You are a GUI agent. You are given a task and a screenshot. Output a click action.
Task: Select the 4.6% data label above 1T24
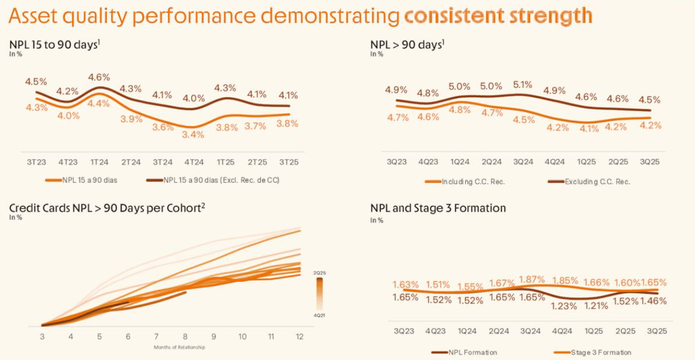coord(99,77)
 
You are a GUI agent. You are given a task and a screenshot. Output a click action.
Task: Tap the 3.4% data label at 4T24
coord(193,134)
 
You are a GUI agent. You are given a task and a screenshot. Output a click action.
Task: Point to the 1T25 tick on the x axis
coord(225,162)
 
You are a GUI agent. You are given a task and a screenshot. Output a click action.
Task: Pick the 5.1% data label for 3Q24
coord(522,85)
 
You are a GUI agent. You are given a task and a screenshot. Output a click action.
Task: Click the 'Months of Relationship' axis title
coord(180,347)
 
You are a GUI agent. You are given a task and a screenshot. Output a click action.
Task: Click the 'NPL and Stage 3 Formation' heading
coord(438,208)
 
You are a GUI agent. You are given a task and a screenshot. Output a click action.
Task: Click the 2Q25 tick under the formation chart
coord(626,332)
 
